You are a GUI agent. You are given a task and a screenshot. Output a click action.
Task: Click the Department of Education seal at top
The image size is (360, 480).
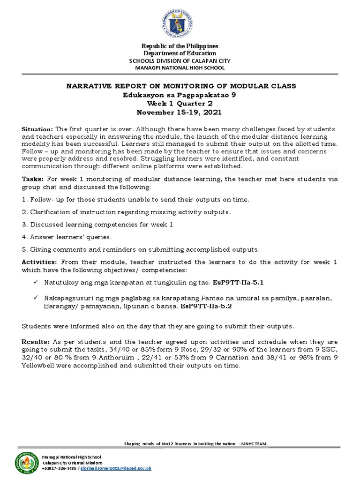click(x=180, y=22)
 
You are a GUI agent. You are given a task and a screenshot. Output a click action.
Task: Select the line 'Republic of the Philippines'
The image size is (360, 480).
click(x=180, y=46)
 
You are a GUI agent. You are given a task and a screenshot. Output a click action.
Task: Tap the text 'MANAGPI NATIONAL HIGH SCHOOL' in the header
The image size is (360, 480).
click(x=180, y=68)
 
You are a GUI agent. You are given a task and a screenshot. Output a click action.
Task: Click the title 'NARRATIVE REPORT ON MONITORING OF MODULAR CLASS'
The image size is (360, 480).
click(x=180, y=86)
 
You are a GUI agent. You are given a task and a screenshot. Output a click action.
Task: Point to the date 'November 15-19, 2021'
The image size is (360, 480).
click(x=180, y=112)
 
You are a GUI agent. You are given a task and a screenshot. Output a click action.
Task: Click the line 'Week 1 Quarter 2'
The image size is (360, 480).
click(x=180, y=104)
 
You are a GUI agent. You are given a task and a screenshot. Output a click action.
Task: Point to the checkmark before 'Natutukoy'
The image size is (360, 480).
click(x=37, y=283)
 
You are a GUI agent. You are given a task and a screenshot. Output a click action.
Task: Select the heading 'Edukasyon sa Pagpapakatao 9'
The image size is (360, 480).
click(x=180, y=95)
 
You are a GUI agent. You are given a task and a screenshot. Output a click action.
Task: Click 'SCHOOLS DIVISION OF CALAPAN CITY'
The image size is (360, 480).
click(x=180, y=61)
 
